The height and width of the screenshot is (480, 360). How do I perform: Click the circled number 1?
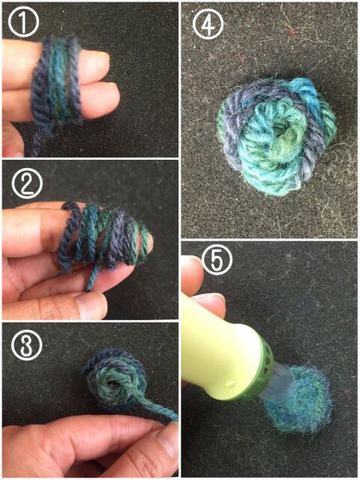[x=23, y=22]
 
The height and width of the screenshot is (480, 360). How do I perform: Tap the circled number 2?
[x=27, y=183]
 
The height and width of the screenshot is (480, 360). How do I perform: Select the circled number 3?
[x=26, y=345]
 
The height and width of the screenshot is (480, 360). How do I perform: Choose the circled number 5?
[x=217, y=259]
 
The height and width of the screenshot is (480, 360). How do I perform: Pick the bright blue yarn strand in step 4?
[x=306, y=91]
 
